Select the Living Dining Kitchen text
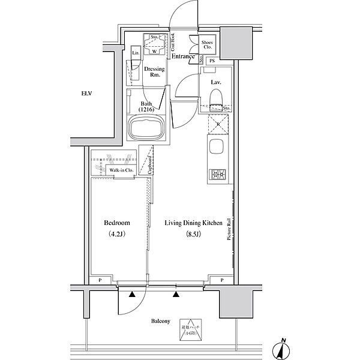(194, 223)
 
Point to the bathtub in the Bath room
(147, 128)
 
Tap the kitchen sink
(216, 146)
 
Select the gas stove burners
(216, 175)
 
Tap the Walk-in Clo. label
(121, 170)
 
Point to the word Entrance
(184, 57)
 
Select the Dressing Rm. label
(155, 72)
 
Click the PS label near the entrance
(211, 61)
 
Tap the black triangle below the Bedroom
(131, 294)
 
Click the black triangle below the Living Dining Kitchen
(176, 294)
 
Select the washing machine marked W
(154, 51)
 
